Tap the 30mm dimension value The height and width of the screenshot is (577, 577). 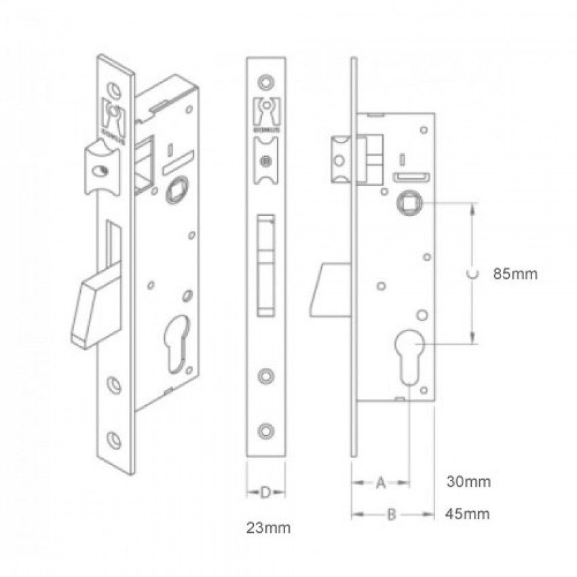(x=468, y=482)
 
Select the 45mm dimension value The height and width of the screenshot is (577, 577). (x=468, y=514)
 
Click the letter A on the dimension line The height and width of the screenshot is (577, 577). (x=381, y=483)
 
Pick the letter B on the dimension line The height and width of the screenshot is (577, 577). (x=391, y=515)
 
